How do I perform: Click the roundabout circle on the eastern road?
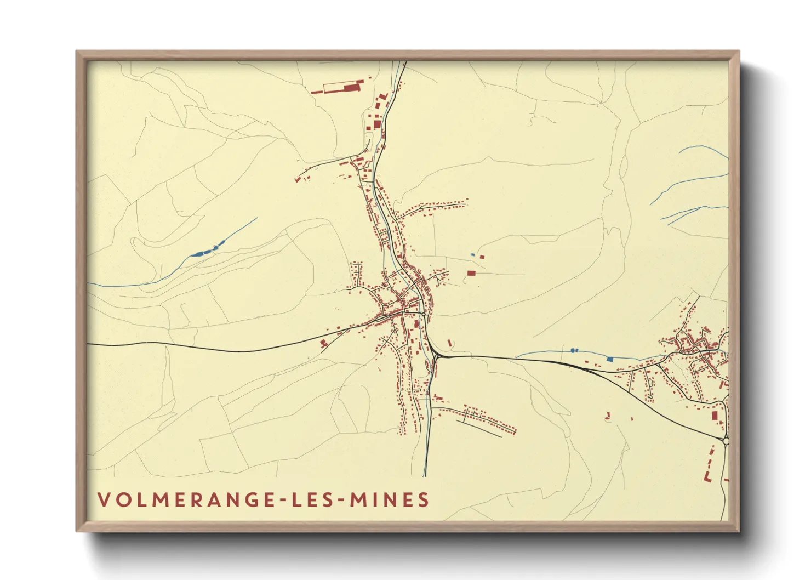(x=726, y=440)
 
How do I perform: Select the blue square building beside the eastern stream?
(x=609, y=359)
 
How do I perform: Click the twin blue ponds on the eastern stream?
(x=574, y=350)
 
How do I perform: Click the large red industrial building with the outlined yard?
(x=351, y=87)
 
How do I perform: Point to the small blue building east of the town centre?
(x=473, y=255)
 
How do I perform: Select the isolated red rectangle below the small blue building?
(x=471, y=272)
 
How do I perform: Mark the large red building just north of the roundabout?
(x=715, y=416)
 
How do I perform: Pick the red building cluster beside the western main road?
(x=324, y=343)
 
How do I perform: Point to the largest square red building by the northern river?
(x=378, y=124)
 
